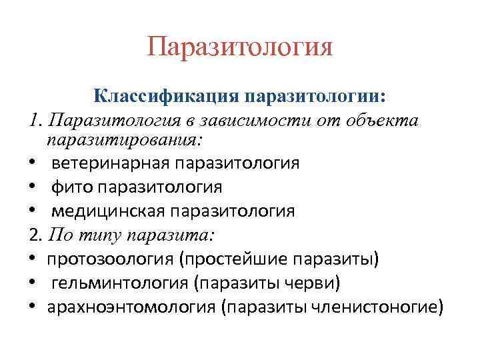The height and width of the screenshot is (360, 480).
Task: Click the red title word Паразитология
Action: (239, 49)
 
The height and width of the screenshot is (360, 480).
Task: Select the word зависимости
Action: (269, 121)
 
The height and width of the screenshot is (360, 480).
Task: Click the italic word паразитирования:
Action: (123, 141)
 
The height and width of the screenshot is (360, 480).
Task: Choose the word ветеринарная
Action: (109, 163)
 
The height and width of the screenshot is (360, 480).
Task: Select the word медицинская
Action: (109, 211)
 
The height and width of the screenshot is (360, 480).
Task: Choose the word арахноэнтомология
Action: (132, 307)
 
